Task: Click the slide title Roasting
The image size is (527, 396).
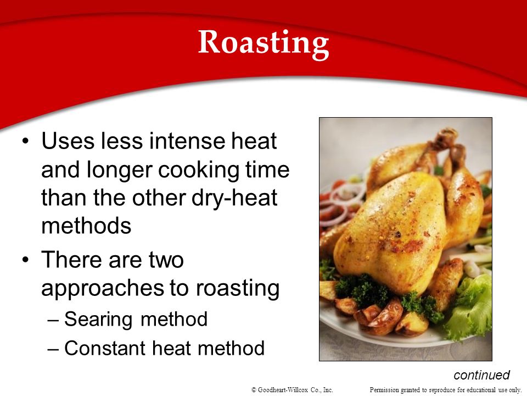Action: (263, 43)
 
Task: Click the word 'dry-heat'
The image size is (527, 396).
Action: (234, 199)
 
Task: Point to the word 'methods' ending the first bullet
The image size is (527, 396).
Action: (86, 226)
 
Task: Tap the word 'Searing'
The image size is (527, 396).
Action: (98, 320)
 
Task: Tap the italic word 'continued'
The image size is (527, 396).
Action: (481, 375)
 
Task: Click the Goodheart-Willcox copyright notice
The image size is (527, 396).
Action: (292, 390)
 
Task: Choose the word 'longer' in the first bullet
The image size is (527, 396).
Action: (120, 170)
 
